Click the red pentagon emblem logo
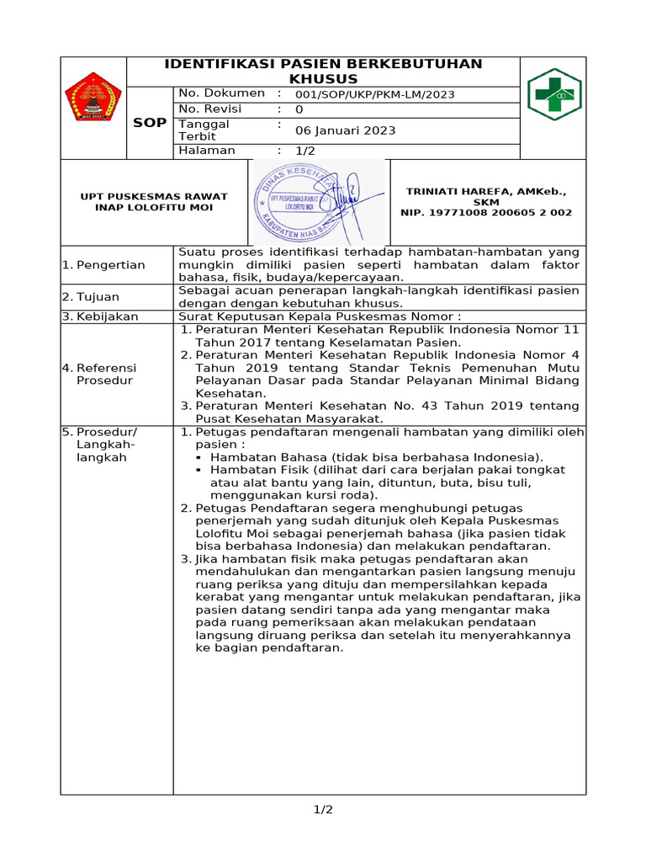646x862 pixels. pyautogui.click(x=93, y=97)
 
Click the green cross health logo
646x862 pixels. pyautogui.click(x=553, y=94)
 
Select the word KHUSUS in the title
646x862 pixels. pyautogui.click(x=323, y=78)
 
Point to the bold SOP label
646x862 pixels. pyautogui.click(x=150, y=123)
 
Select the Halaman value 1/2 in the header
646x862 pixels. pyautogui.click(x=304, y=151)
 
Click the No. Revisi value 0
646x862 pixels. pyautogui.click(x=299, y=109)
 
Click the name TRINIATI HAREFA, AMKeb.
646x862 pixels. pyautogui.click(x=486, y=191)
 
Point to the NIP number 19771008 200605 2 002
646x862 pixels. pyautogui.click(x=486, y=213)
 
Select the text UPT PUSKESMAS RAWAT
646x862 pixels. pyautogui.click(x=154, y=196)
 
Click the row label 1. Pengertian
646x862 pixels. pyautogui.click(x=103, y=265)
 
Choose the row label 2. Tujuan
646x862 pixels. pyautogui.click(x=91, y=297)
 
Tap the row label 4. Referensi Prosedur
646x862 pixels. pyautogui.click(x=101, y=374)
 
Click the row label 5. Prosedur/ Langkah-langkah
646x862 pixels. pyautogui.click(x=101, y=444)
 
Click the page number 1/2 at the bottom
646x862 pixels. pyautogui.click(x=323, y=810)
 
